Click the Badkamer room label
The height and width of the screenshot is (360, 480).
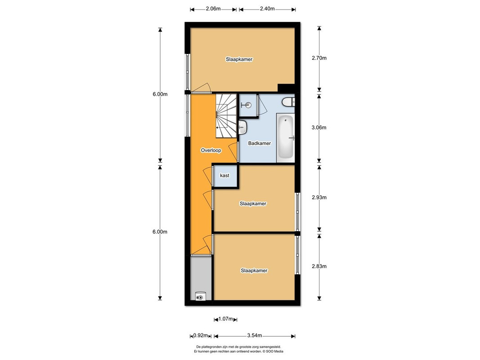tap(259, 143)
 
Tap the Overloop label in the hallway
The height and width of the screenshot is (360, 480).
tap(211, 150)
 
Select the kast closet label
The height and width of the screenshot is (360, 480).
tap(224, 175)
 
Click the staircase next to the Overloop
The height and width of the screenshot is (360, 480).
tap(226, 116)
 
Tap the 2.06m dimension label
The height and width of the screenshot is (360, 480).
tap(213, 9)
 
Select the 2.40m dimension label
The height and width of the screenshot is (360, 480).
tap(267, 9)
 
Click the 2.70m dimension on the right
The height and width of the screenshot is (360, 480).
tap(319, 58)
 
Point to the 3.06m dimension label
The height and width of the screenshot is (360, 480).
tap(319, 128)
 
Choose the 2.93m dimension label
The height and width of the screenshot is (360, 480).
tap(319, 198)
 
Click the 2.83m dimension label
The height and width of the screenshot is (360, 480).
tap(319, 266)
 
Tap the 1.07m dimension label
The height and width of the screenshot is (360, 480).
tap(226, 319)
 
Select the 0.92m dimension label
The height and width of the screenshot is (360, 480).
tap(201, 336)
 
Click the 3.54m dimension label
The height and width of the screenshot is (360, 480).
tap(254, 336)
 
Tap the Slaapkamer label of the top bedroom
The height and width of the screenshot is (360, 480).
tap(239, 59)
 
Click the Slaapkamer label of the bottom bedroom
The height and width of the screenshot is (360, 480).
tap(254, 270)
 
